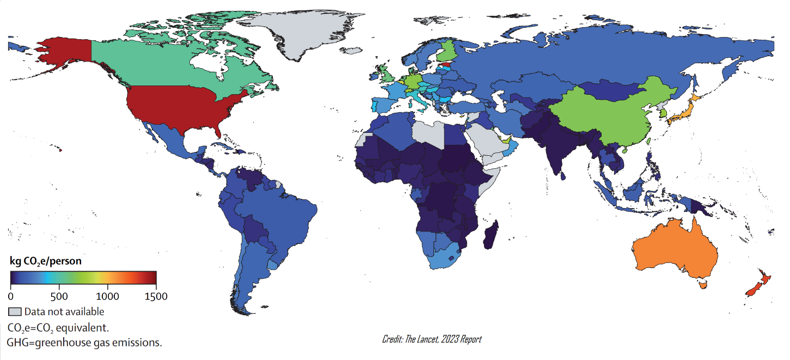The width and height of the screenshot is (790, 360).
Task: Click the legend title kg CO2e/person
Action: [46, 261]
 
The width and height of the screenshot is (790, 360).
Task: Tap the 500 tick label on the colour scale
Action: [59, 297]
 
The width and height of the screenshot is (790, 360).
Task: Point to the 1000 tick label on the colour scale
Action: [108, 297]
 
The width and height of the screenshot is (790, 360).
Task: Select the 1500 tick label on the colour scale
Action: [156, 297]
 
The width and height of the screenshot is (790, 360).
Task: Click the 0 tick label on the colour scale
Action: [11, 297]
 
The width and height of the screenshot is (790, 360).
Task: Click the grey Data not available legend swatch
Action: [15, 312]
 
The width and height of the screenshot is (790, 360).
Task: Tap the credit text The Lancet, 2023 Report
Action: [432, 339]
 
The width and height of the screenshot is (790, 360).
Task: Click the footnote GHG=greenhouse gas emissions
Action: [84, 343]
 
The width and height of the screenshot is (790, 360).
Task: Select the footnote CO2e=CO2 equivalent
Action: [58, 328]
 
